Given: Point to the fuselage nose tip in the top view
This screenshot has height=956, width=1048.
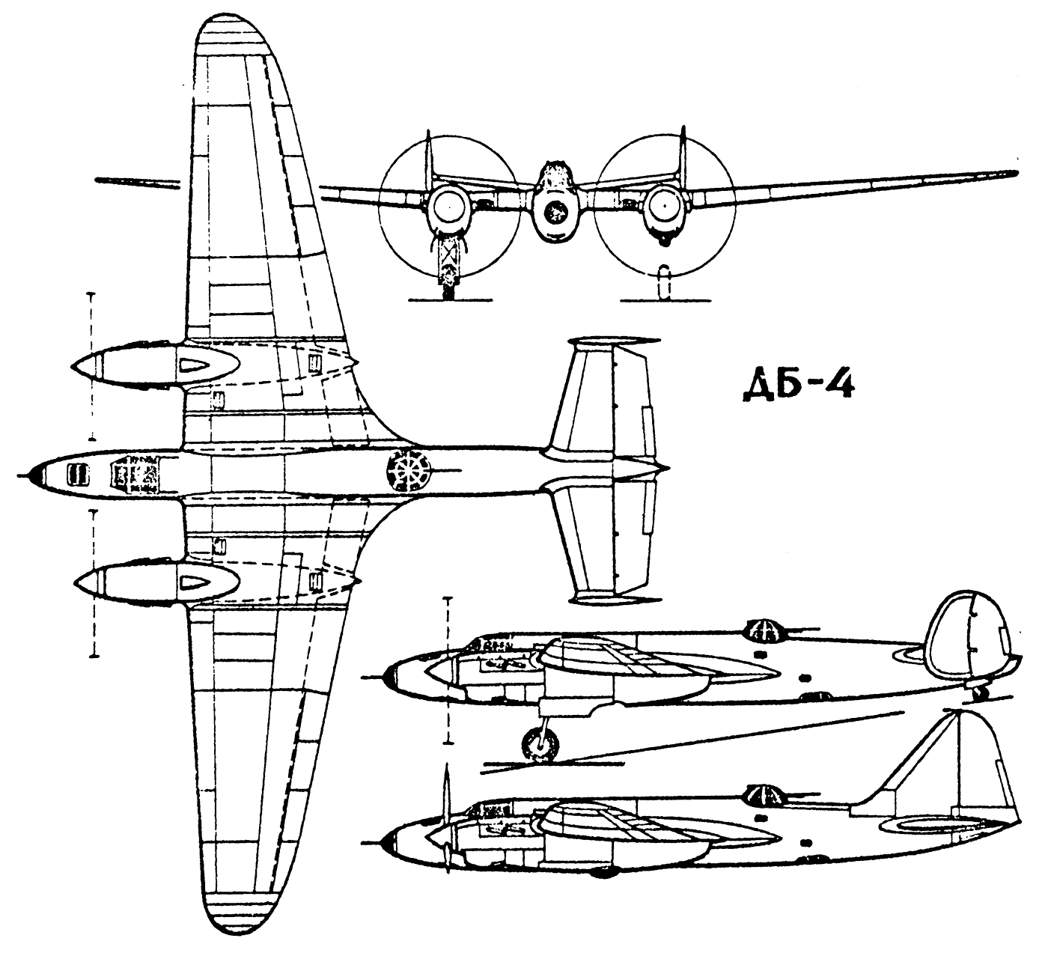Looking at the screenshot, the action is click(22, 475).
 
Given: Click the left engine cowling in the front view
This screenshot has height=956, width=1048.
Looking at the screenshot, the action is click(448, 207).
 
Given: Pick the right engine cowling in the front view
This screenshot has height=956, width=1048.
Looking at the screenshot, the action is click(663, 207).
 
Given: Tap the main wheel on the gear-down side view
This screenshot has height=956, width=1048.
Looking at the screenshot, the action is click(540, 744).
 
